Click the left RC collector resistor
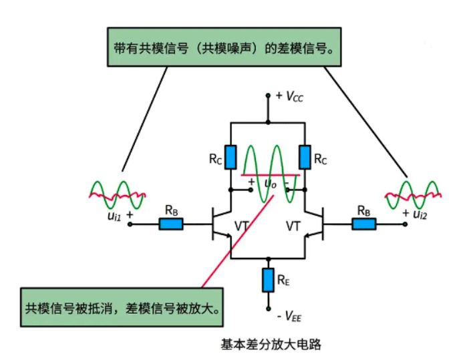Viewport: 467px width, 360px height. pyautogui.click(x=230, y=157)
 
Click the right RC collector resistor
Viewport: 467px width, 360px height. pyautogui.click(x=305, y=157)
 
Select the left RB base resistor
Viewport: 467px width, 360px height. pyautogui.click(x=171, y=224)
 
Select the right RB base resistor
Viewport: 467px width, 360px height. pyautogui.click(x=364, y=224)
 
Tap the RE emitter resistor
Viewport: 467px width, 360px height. pyautogui.click(x=268, y=279)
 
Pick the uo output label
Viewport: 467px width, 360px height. pyautogui.click(x=269, y=183)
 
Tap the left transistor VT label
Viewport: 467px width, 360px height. pyautogui.click(x=243, y=227)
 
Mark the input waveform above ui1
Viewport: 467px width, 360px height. pyautogui.click(x=118, y=194)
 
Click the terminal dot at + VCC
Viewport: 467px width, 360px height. pyautogui.click(x=268, y=96)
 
